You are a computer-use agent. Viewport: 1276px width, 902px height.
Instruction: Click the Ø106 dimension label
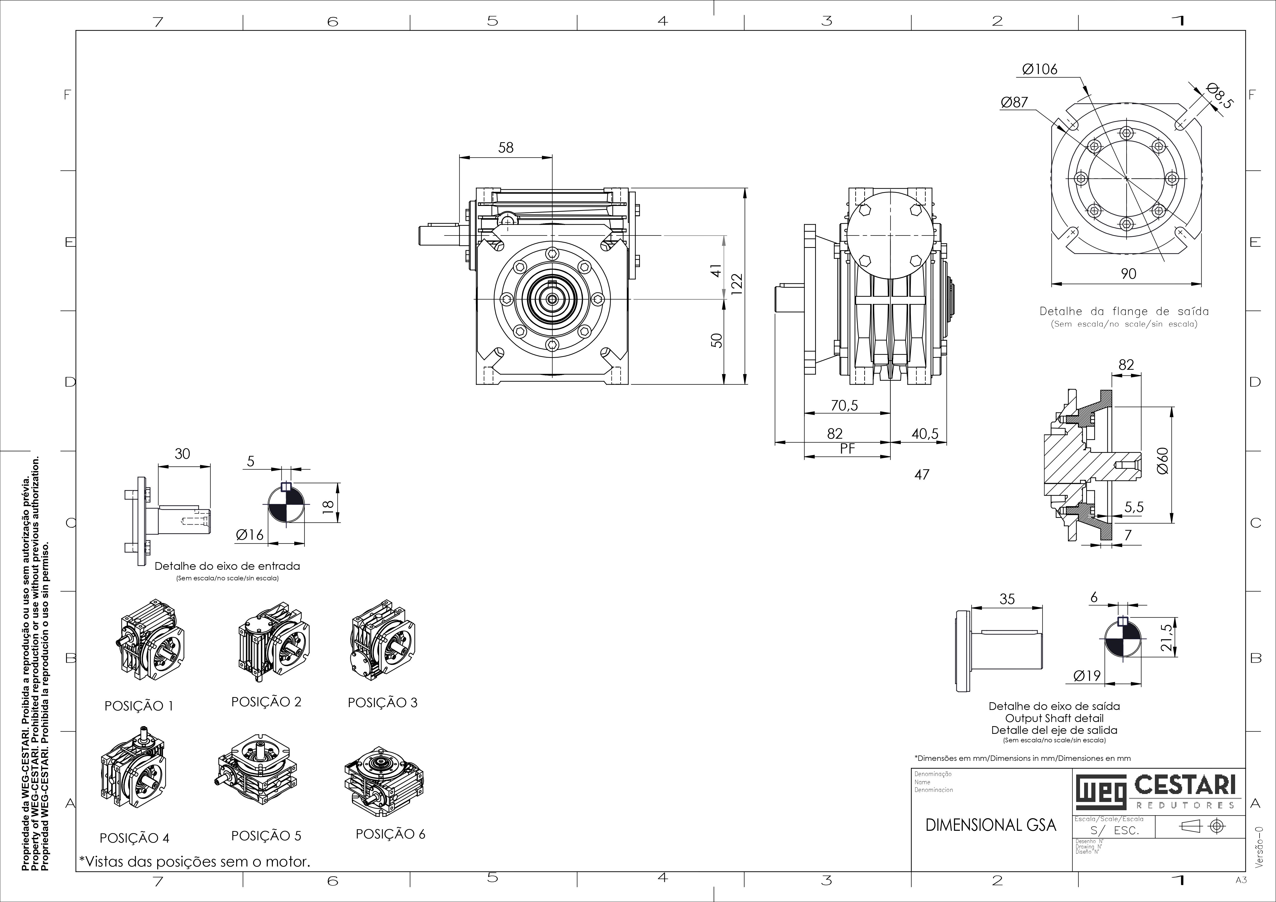tap(1040, 69)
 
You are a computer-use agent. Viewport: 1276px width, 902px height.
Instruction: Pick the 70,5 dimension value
tap(844, 405)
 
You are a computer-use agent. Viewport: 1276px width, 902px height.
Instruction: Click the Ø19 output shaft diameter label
tap(1087, 675)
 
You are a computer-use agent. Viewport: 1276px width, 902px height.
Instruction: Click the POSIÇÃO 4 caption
tap(135, 837)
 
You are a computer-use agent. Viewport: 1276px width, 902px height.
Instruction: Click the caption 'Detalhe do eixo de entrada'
tap(227, 566)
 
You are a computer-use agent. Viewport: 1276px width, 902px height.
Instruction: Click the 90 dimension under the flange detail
tap(1129, 273)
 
